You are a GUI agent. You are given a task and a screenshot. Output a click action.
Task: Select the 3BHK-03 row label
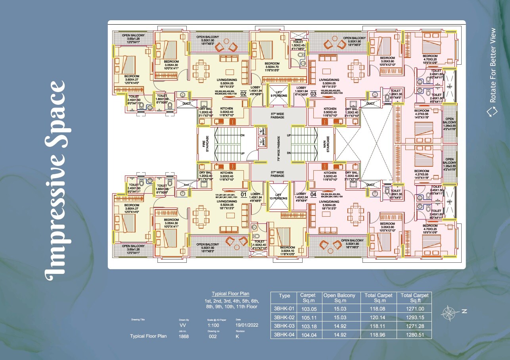[284, 326]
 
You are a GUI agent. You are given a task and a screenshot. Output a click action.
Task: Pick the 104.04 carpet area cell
[308, 335]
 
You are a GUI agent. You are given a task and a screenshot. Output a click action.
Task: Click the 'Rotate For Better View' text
[493, 65]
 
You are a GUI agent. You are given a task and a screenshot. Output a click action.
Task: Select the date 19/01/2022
[247, 325]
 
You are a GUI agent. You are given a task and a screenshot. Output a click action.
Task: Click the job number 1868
[184, 336]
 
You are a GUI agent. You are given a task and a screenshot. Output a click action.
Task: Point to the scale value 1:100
[213, 325]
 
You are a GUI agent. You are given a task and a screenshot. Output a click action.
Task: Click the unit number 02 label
[243, 94]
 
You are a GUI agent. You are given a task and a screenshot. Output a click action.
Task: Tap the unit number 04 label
[313, 194]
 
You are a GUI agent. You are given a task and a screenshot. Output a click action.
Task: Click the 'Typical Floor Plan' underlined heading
[230, 294]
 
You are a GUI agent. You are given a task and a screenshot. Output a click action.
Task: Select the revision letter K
[237, 336]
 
